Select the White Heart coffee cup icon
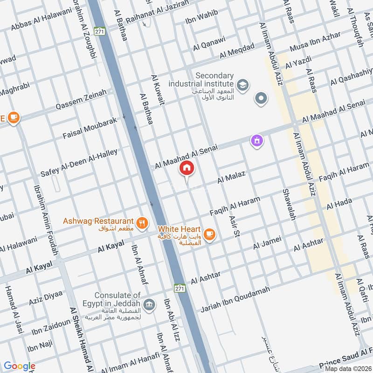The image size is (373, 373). [x=209, y=234]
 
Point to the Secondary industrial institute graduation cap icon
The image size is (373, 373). [x=242, y=85]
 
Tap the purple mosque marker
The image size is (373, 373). [x=256, y=140]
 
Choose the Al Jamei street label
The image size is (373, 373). [x=267, y=242]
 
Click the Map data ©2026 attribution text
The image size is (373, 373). [x=348, y=368]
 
